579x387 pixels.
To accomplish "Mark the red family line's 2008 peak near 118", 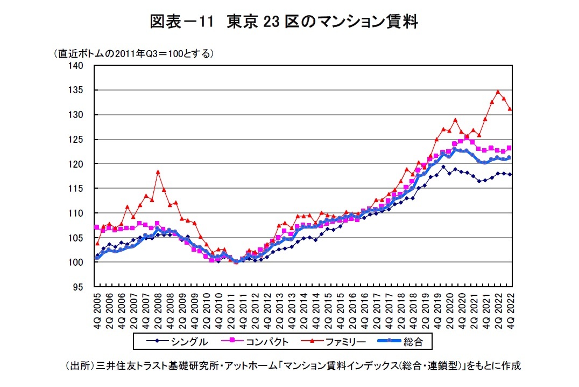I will (x=158, y=172).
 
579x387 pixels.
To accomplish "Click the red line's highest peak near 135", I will (x=498, y=92).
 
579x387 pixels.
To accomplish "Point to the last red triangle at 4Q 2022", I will (x=510, y=109).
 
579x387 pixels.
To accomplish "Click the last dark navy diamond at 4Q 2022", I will (x=510, y=174).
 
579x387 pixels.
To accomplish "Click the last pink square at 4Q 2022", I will (x=510, y=148).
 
